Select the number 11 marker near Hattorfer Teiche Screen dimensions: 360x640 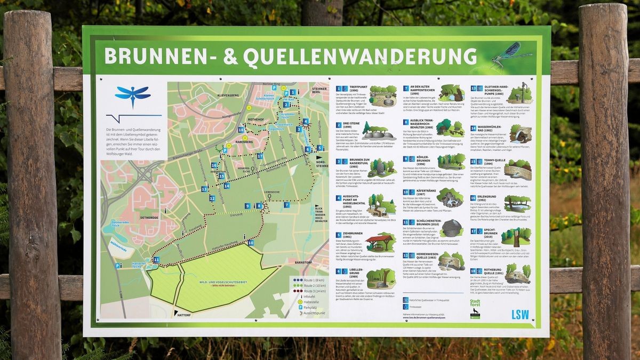click(x=156, y=260)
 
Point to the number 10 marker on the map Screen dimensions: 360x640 click(x=251, y=243)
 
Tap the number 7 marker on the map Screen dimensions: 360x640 click(x=286, y=205)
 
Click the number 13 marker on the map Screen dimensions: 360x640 click(x=204, y=189)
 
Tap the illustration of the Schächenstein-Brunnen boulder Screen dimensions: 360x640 click(x=451, y=228)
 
